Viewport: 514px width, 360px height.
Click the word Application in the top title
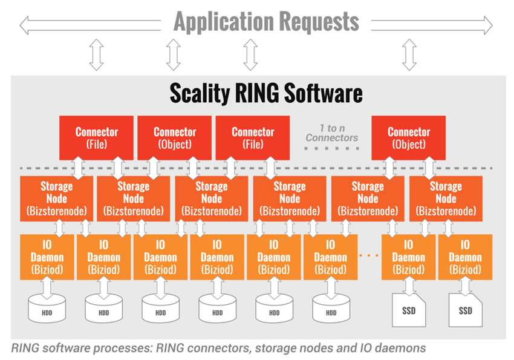[x=224, y=22]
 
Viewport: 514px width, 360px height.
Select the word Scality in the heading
[x=200, y=93]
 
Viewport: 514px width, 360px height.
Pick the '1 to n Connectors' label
[x=332, y=133]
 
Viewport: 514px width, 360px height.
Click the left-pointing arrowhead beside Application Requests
[x=24, y=25]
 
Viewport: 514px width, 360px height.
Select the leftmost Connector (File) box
[x=96, y=138]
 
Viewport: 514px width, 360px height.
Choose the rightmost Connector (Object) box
[x=408, y=138]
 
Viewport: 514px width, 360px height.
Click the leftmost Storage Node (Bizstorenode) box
[x=56, y=198]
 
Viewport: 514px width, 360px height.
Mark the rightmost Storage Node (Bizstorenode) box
[x=446, y=198]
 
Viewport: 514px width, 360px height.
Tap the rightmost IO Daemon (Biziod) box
[x=465, y=257]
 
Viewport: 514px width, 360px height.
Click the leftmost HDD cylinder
[x=47, y=309]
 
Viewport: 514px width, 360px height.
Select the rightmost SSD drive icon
[x=465, y=310]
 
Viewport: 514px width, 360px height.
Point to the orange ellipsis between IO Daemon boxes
[x=369, y=255]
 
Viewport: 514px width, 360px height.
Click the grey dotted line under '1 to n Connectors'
[x=332, y=148]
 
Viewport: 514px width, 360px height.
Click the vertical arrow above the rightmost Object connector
[x=409, y=54]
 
